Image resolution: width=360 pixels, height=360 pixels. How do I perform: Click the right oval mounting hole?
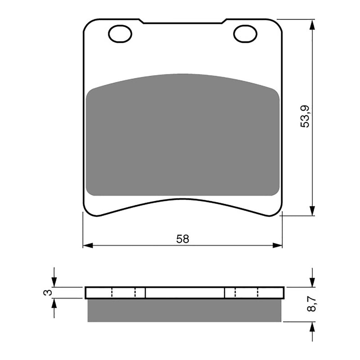pyautogui.click(x=244, y=33)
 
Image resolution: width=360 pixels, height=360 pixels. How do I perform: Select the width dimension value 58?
pyautogui.click(x=183, y=239)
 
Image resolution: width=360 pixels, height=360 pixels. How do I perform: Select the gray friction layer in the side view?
pyautogui.click(x=184, y=310)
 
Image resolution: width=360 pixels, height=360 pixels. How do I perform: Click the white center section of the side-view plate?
pyautogui.click(x=184, y=292)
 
